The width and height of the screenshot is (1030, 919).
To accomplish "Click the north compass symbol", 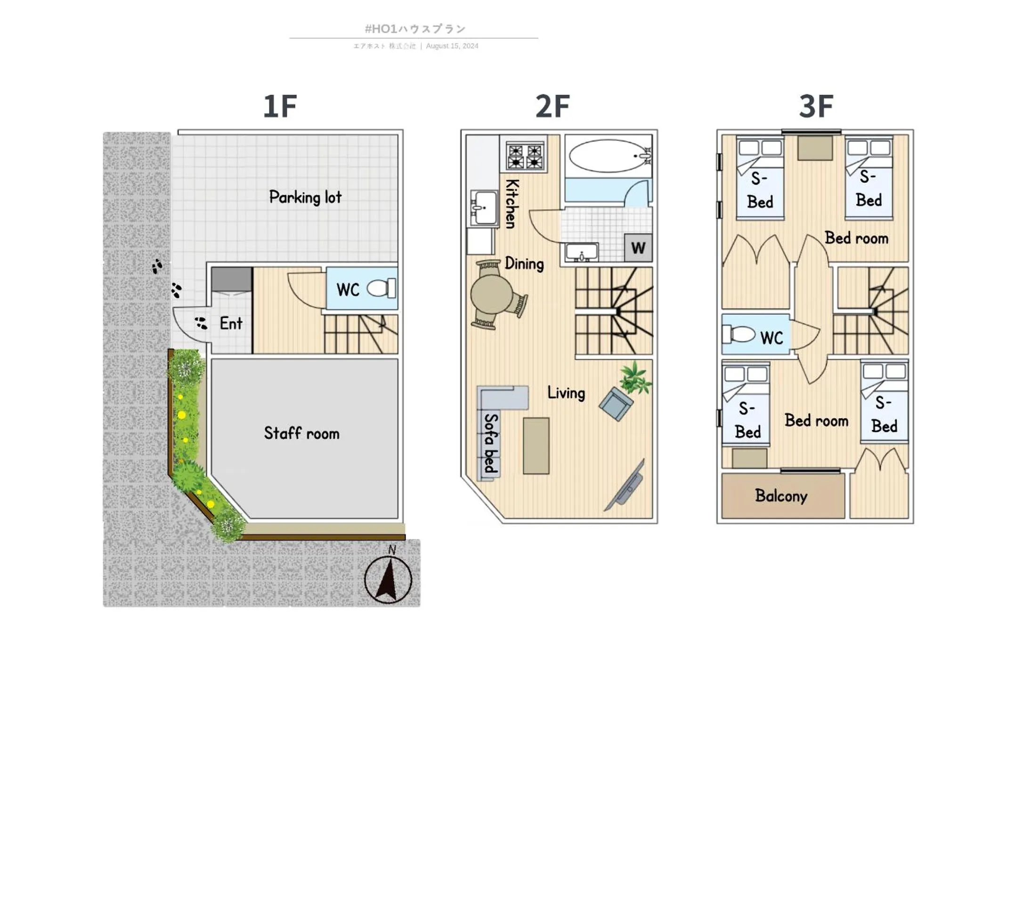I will (x=388, y=579).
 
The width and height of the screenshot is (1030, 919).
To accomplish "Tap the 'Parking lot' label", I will (x=305, y=197).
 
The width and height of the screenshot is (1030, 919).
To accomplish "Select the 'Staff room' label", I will (x=301, y=433).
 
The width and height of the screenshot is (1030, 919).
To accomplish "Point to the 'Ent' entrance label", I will (x=231, y=323).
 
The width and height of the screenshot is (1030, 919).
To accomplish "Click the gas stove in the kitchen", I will (x=525, y=156).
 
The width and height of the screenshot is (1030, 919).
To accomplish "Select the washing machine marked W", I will (x=638, y=248).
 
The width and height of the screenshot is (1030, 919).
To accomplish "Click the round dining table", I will (x=489, y=295).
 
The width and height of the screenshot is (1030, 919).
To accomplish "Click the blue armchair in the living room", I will (x=616, y=404).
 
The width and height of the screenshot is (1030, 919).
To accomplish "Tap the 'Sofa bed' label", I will (x=490, y=443).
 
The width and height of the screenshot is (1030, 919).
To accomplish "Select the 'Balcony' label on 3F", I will (x=780, y=496).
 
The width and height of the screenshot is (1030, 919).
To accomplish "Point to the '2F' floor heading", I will (x=552, y=106).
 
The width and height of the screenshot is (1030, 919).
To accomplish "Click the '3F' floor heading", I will (x=816, y=106).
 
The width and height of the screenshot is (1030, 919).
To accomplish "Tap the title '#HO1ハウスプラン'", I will (x=415, y=29).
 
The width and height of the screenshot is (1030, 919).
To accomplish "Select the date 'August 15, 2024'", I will (x=452, y=46).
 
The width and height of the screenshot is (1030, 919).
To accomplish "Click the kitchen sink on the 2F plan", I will (x=483, y=207).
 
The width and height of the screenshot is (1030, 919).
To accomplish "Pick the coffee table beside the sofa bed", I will (x=535, y=445).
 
